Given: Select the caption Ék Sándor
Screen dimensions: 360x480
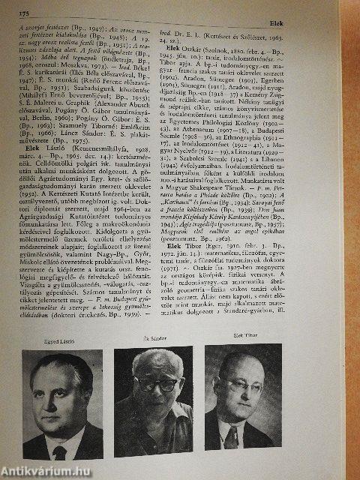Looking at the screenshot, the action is point(153,339).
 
